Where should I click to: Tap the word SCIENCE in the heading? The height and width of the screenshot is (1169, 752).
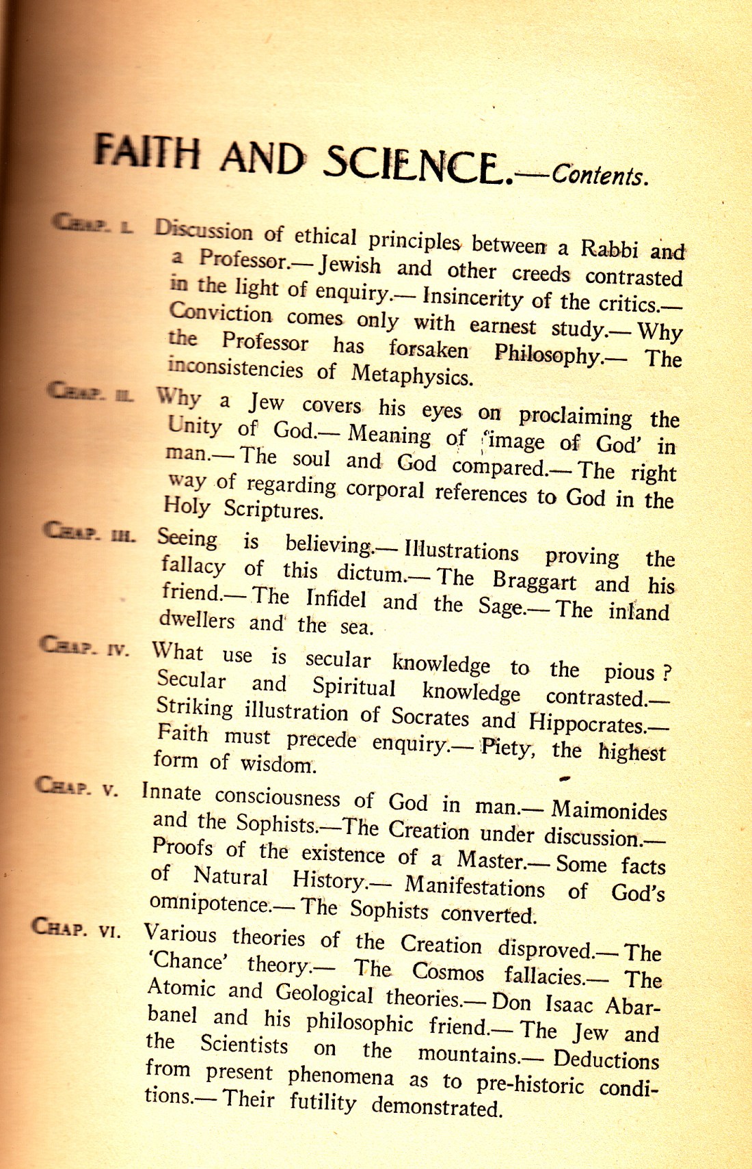point(417,165)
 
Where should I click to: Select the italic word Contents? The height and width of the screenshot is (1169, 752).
point(599,176)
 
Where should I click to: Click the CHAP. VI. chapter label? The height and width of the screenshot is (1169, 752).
point(76,928)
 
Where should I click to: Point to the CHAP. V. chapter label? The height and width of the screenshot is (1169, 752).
point(77,787)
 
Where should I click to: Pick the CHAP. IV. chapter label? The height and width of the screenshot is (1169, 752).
point(84,646)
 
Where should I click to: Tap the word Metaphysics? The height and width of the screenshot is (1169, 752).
point(412,375)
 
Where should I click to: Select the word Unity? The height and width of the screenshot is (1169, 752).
point(195,427)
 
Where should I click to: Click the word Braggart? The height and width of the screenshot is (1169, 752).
point(534,581)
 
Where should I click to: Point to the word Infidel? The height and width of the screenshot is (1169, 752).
point(336,599)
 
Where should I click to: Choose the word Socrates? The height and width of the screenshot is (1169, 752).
point(430,717)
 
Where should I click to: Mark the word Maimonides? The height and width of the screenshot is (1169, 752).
point(609,810)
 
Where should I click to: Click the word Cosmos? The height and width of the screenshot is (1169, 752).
point(448,971)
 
